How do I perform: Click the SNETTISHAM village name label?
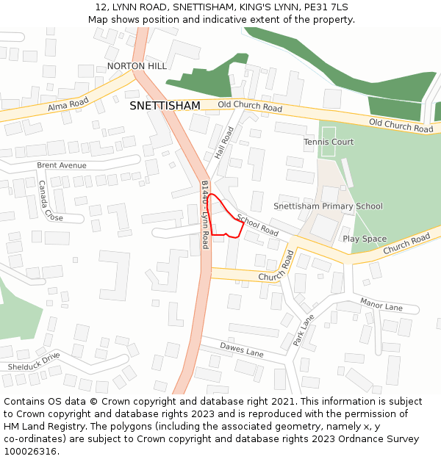tap(165, 106)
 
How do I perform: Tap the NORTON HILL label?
tap(137, 66)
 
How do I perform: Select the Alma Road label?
tap(68, 105)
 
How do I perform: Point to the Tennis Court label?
tap(329, 142)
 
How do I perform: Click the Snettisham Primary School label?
tap(328, 206)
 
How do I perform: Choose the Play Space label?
tap(364, 239)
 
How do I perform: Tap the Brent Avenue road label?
tap(62, 165)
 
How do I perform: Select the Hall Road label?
tap(224, 143)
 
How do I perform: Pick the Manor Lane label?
tap(381, 303)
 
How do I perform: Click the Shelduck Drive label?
tap(34, 361)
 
